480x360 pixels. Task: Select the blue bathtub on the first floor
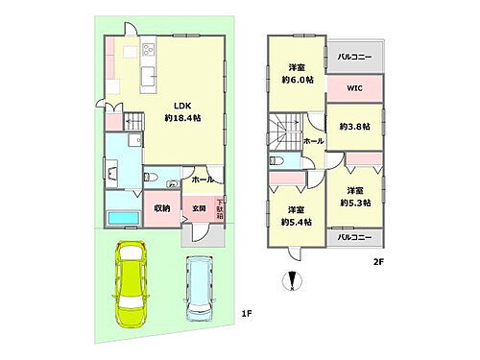tap(122, 219)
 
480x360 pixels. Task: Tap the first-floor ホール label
tap(202, 180)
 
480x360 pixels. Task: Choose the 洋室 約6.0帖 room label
tap(296, 73)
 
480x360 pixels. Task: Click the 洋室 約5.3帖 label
tap(355, 195)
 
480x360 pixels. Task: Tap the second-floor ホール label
tap(313, 140)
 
